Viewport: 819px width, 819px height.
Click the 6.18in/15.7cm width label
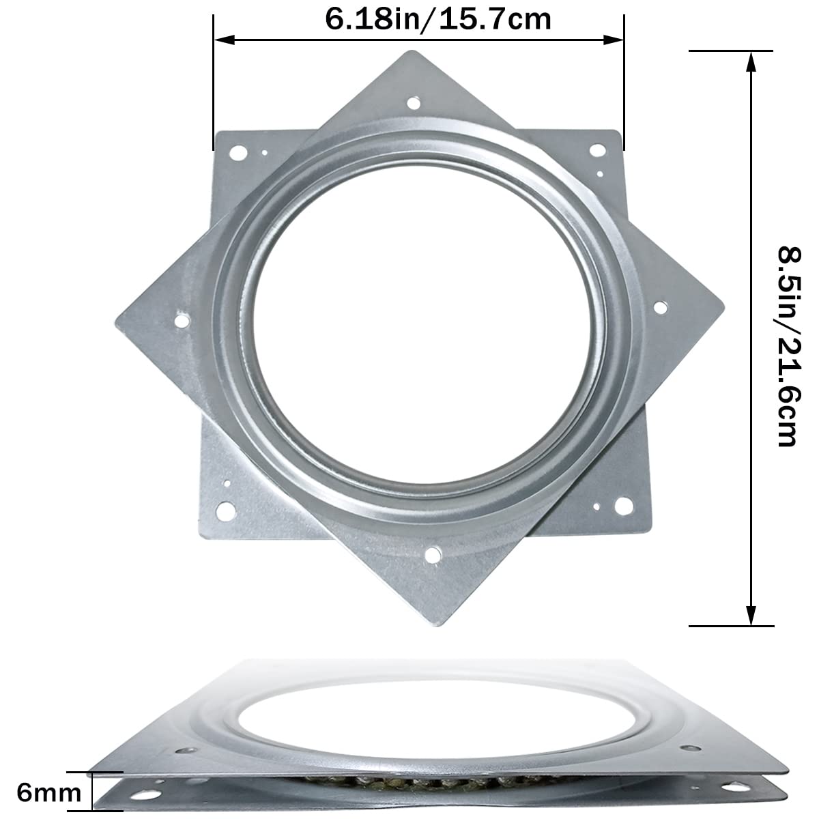[x=437, y=18]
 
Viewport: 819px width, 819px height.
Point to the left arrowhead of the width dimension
[x=220, y=40]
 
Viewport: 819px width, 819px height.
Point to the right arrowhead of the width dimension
[x=618, y=40]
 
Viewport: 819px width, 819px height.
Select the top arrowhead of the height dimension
[x=751, y=59]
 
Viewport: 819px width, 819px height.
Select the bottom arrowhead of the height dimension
[x=751, y=618]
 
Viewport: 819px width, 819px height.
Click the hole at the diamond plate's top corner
[x=413, y=104]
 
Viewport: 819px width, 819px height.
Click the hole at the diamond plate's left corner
[x=182, y=319]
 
